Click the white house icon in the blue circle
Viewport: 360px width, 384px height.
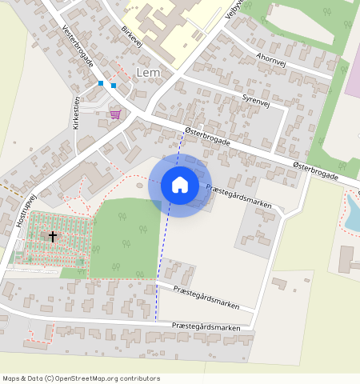180,185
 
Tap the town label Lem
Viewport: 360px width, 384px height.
149,73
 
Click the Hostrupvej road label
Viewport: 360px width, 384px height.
26,211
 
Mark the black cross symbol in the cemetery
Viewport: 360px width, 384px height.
53,236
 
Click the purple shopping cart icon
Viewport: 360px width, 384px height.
115,114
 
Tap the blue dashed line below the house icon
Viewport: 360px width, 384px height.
161,272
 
